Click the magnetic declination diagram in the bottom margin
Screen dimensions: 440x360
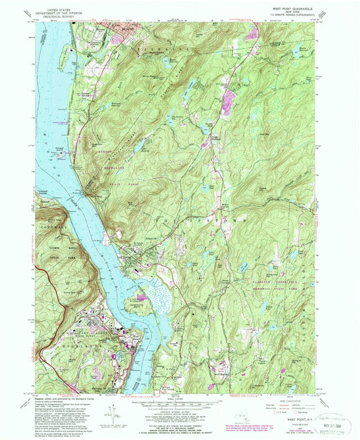click(110, 412)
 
